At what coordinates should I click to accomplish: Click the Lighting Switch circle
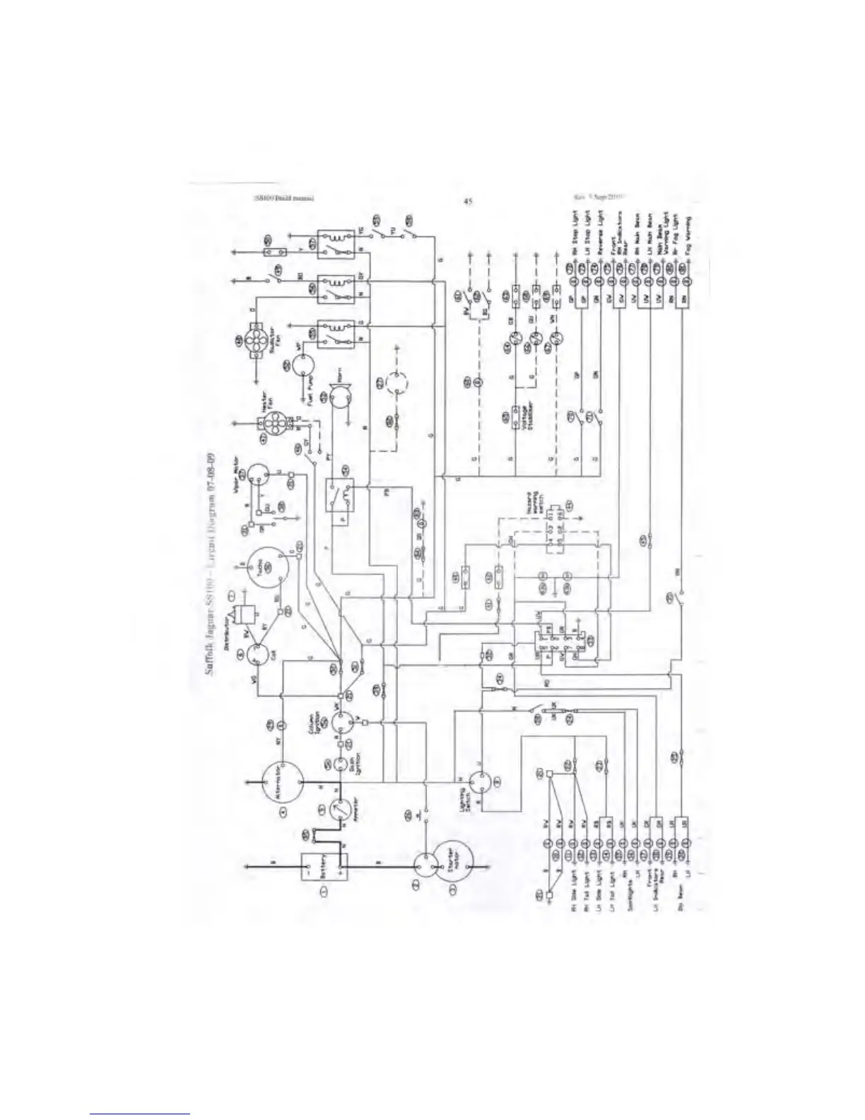(x=480, y=783)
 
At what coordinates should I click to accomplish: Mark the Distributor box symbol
(x=247, y=614)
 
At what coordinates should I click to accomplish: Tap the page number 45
(x=467, y=201)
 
